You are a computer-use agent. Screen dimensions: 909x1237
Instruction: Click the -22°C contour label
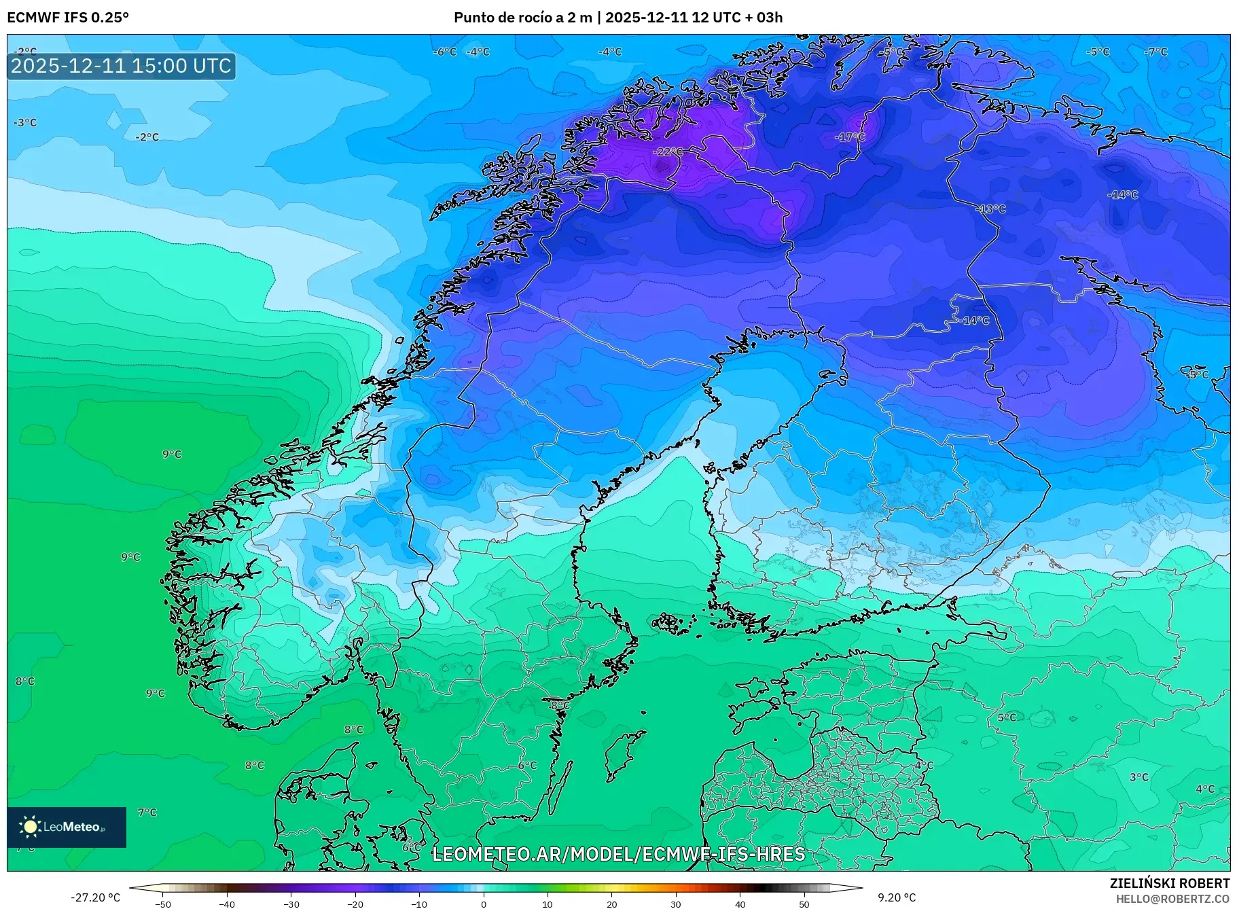point(668,151)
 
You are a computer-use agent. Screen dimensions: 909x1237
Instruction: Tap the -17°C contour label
point(850,137)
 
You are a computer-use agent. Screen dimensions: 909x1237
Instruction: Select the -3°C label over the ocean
point(25,122)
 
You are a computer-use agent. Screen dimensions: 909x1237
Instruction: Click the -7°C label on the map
point(1155,52)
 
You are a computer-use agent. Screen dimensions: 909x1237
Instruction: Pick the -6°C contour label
point(445,52)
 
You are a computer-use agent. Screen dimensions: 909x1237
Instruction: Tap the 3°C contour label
point(1139,777)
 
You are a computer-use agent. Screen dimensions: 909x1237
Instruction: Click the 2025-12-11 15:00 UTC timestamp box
point(121,66)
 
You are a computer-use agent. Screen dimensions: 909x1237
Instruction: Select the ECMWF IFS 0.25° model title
point(68,18)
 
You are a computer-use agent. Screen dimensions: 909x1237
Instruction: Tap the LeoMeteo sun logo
point(30,826)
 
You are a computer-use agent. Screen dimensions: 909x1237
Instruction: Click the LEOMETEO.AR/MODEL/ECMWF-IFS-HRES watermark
point(618,854)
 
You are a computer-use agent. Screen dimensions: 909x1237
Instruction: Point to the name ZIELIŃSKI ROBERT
point(1169,883)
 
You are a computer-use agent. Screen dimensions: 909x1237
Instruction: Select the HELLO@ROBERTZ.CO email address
point(1172,899)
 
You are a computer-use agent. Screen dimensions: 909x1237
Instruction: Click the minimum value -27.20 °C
point(96,897)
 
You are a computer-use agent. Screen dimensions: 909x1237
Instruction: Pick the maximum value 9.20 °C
point(897,897)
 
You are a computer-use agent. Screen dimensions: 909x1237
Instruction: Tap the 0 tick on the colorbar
point(484,904)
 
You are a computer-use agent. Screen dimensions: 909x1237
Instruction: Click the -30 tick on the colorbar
point(291,904)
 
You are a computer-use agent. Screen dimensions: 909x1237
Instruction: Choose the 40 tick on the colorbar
point(740,904)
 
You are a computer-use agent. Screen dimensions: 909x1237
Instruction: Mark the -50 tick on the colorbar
point(163,904)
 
